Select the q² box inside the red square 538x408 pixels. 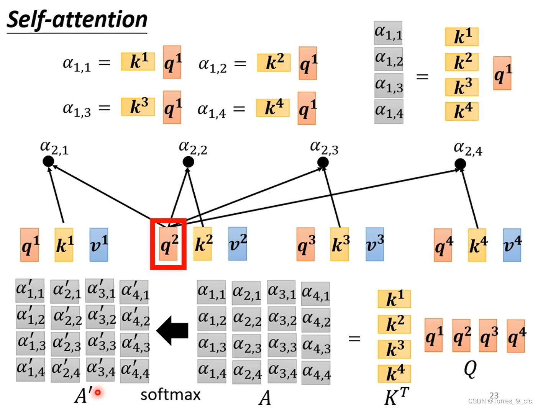(x=169, y=244)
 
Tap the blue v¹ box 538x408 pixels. (x=99, y=245)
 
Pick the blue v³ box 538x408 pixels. (x=375, y=244)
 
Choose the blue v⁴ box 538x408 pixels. (x=512, y=245)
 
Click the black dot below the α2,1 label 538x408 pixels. (x=48, y=161)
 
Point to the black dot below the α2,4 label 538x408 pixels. (x=460, y=164)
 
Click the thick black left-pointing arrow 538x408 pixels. (x=173, y=330)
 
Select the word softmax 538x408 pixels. (x=171, y=395)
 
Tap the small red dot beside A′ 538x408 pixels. (x=98, y=392)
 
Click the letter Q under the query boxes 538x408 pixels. (x=470, y=369)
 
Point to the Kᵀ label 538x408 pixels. (x=396, y=397)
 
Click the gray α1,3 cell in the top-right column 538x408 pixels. (x=389, y=86)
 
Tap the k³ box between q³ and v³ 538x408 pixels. (x=340, y=244)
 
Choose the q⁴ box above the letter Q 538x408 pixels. (x=516, y=336)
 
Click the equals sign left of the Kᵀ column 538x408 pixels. (x=354, y=339)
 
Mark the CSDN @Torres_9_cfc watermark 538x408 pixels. (x=500, y=401)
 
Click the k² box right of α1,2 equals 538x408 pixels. (x=274, y=62)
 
